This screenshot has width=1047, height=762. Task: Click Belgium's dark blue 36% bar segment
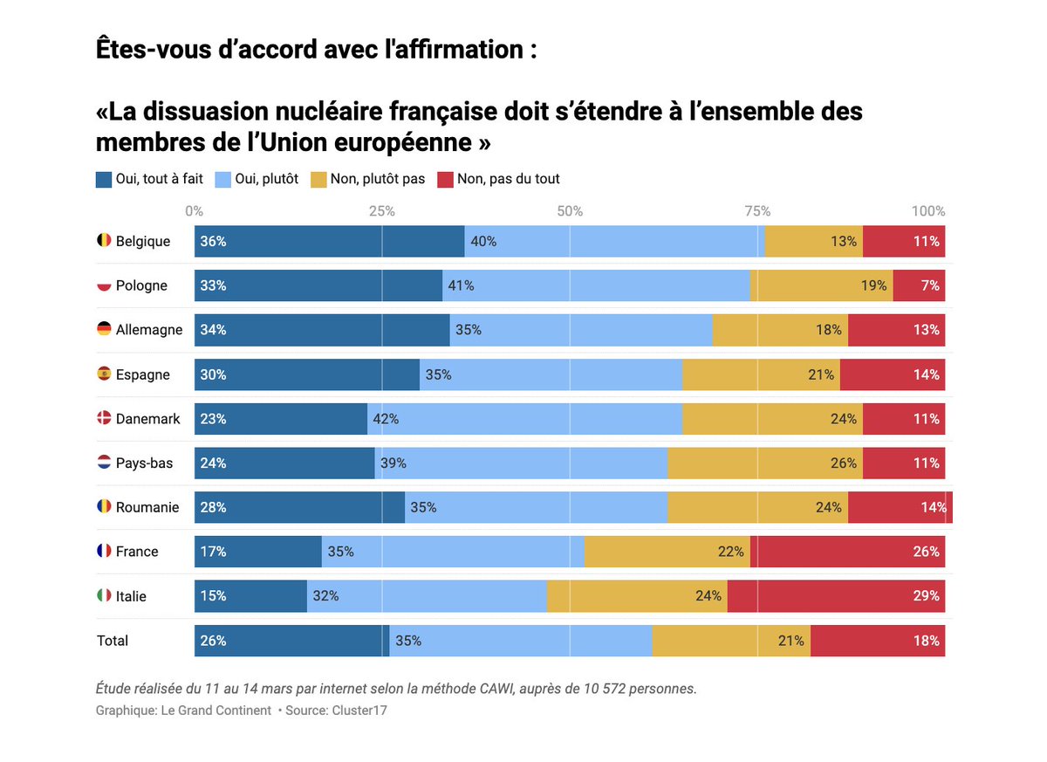pyautogui.click(x=329, y=242)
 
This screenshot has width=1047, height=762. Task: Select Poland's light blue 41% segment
pyautogui.click(x=597, y=285)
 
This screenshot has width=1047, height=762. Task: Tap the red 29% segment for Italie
pyautogui.click(x=836, y=596)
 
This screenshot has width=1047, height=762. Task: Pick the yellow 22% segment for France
pyautogui.click(x=667, y=552)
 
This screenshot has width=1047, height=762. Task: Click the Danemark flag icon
pyautogui.click(x=104, y=418)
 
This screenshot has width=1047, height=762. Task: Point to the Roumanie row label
pyautogui.click(x=147, y=507)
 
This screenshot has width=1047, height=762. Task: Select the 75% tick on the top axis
pyautogui.click(x=756, y=211)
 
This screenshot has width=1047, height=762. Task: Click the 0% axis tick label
pyautogui.click(x=194, y=211)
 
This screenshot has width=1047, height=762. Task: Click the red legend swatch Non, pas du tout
pyautogui.click(x=445, y=180)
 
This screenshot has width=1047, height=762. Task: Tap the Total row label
pyautogui.click(x=113, y=641)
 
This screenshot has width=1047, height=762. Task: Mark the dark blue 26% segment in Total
pyautogui.click(x=291, y=641)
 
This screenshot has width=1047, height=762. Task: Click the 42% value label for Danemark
pyautogui.click(x=386, y=419)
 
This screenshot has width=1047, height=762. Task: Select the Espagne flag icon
pyautogui.click(x=104, y=374)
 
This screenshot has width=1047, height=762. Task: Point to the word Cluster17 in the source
pyautogui.click(x=359, y=711)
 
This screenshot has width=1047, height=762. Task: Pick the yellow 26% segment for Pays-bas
pyautogui.click(x=764, y=463)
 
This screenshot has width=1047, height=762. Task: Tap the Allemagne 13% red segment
pyautogui.click(x=896, y=330)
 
